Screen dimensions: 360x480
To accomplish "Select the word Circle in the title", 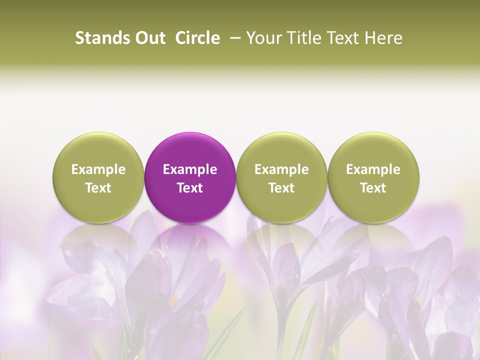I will (197, 38).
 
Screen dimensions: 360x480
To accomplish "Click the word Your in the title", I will (263, 38).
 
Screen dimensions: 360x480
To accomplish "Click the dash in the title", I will (233, 38).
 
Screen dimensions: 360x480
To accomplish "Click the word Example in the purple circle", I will (190, 169).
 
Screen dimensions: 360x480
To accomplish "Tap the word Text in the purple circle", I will (190, 188).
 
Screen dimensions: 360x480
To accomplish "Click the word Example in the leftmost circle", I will (98, 169).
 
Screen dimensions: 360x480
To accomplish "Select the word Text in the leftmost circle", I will (98, 188).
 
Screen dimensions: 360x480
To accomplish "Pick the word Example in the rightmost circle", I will (373, 169).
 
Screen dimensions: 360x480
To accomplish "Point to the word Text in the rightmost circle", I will (373, 188).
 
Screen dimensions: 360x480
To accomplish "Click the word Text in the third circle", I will (281, 188).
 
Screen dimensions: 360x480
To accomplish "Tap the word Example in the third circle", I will (281, 169).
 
